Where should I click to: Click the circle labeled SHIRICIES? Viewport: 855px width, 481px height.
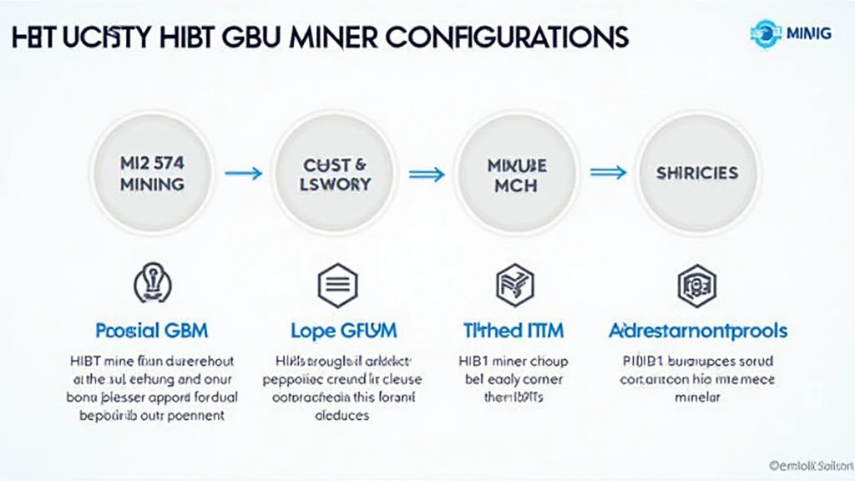pos(697,173)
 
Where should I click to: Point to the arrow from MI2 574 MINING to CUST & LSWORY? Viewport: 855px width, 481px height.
pos(244,173)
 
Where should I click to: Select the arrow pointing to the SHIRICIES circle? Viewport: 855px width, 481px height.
pos(608,173)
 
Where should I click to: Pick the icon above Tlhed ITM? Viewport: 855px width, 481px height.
pos(513,286)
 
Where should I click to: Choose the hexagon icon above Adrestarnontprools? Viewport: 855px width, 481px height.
pos(696,286)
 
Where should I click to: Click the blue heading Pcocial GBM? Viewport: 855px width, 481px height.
pos(151,330)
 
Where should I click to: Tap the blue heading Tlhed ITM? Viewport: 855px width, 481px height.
pos(514,330)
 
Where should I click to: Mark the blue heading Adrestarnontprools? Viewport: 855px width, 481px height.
pos(697,330)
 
